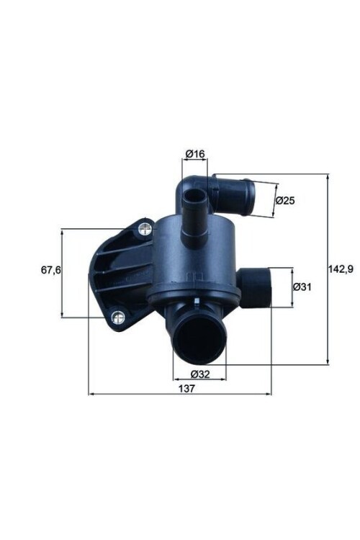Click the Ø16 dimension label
pos(195,153)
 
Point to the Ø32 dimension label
pos(200,374)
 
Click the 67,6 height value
pos(48,271)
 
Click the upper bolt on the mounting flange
pos(145,230)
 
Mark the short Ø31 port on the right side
pos(255,287)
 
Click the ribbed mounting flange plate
pos(115,274)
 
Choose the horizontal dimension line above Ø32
pos(199,379)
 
